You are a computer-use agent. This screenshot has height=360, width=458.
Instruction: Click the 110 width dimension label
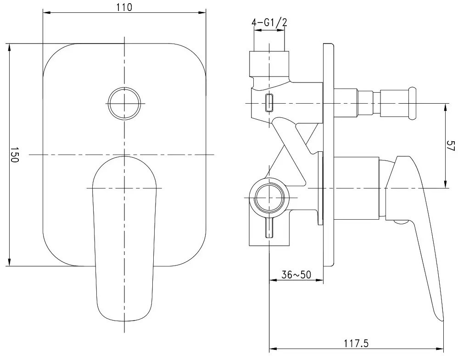pyautogui.click(x=124, y=7)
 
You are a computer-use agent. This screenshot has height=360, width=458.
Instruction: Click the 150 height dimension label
pyautogui.click(x=15, y=155)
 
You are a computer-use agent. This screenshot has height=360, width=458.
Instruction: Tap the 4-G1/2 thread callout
pyautogui.click(x=269, y=22)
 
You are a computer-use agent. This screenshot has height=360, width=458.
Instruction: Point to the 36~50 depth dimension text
pyautogui.click(x=296, y=274)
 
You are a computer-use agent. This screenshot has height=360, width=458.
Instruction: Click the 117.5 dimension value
pyautogui.click(x=356, y=343)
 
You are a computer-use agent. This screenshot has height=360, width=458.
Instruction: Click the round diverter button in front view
pyautogui.click(x=124, y=103)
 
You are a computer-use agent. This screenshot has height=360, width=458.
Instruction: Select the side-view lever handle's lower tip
pyautogui.click(x=441, y=319)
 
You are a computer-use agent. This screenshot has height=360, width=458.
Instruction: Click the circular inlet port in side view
pyautogui.click(x=269, y=198)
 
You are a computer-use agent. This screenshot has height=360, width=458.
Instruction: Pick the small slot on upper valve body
pyautogui.click(x=269, y=103)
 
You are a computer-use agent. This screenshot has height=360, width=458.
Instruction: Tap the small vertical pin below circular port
pyautogui.click(x=269, y=228)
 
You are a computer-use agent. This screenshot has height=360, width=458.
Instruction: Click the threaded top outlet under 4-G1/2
pyautogui.click(x=269, y=64)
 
